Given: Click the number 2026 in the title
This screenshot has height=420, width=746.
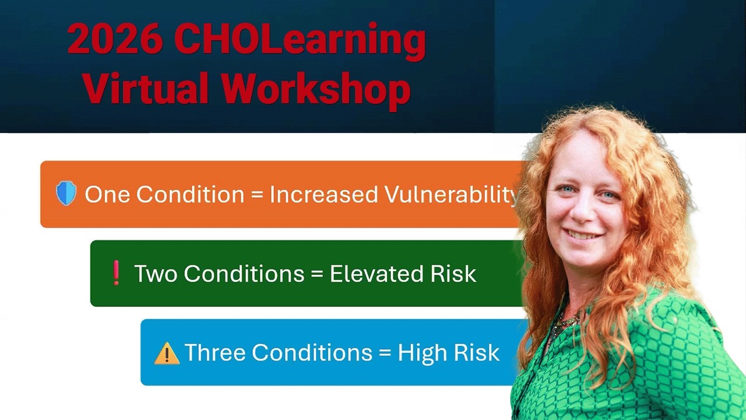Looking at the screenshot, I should tap(114, 40).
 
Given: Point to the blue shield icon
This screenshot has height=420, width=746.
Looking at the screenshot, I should tap(66, 194).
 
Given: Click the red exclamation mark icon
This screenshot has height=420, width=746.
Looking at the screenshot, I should tap(116, 273).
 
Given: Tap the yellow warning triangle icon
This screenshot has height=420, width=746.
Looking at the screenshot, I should tap(167, 353).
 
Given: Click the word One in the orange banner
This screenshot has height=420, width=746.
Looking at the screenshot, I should tap(107, 195).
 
